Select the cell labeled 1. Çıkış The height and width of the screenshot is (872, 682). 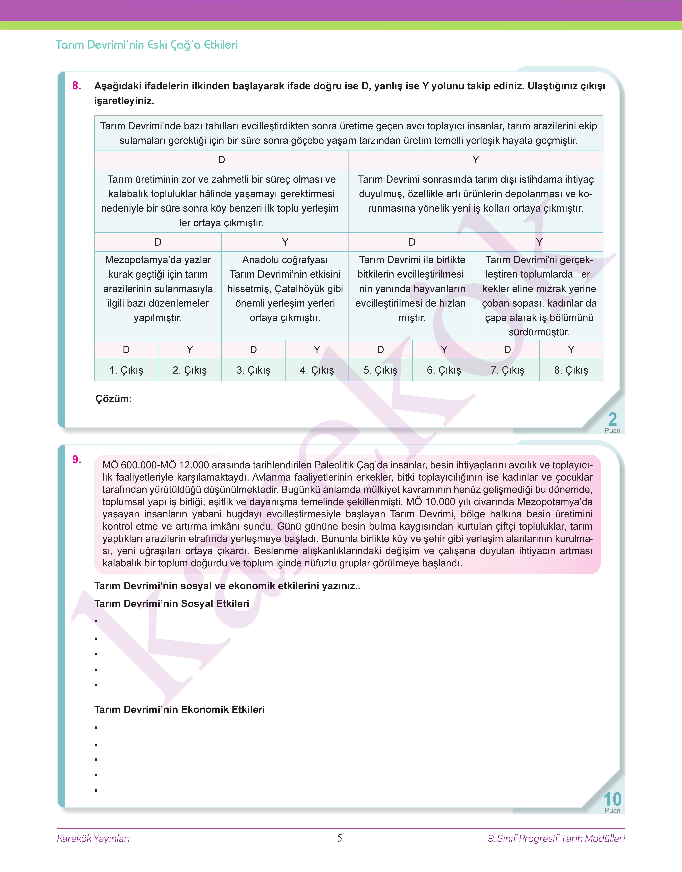coord(126,370)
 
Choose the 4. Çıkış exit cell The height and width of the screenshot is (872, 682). coord(317,370)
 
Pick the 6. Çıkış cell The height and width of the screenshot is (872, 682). coord(444,370)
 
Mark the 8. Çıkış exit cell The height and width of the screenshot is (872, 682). coord(571,370)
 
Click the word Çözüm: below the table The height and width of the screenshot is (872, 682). coord(114,399)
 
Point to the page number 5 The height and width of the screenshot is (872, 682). coord(339,838)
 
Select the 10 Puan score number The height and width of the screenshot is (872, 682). coord(612,799)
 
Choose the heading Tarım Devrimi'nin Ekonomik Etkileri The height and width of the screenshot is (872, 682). coord(180,709)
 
